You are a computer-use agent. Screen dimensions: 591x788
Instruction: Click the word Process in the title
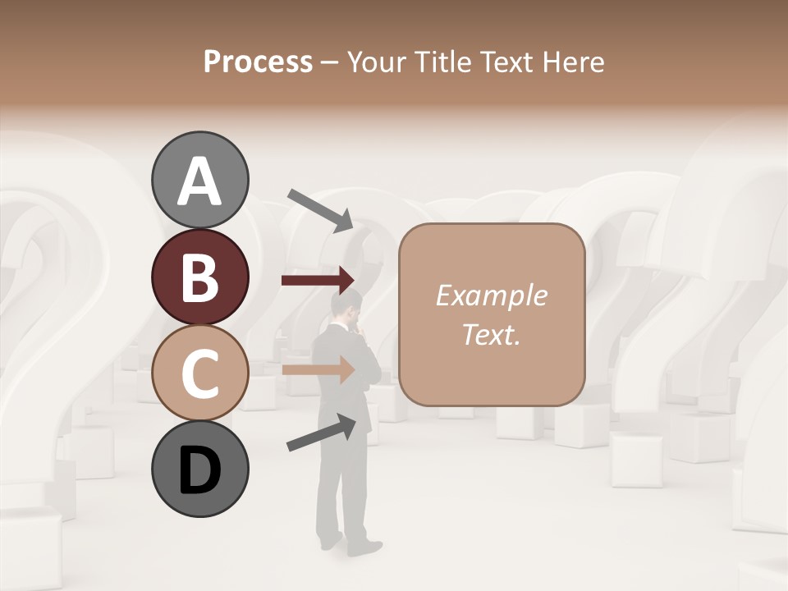[258, 62]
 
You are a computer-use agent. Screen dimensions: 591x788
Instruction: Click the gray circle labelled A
[200, 180]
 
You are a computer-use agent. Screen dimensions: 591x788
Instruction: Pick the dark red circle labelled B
[200, 277]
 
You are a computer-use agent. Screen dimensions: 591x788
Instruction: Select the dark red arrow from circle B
[318, 281]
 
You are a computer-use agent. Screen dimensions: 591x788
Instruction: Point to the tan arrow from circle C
[318, 369]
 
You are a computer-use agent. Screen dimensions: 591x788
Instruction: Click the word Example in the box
[491, 295]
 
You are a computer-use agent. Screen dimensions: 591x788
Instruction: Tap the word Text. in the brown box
[491, 334]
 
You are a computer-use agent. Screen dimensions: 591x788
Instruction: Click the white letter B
[200, 277]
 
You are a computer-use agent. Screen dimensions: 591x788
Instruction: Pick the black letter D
[200, 470]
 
